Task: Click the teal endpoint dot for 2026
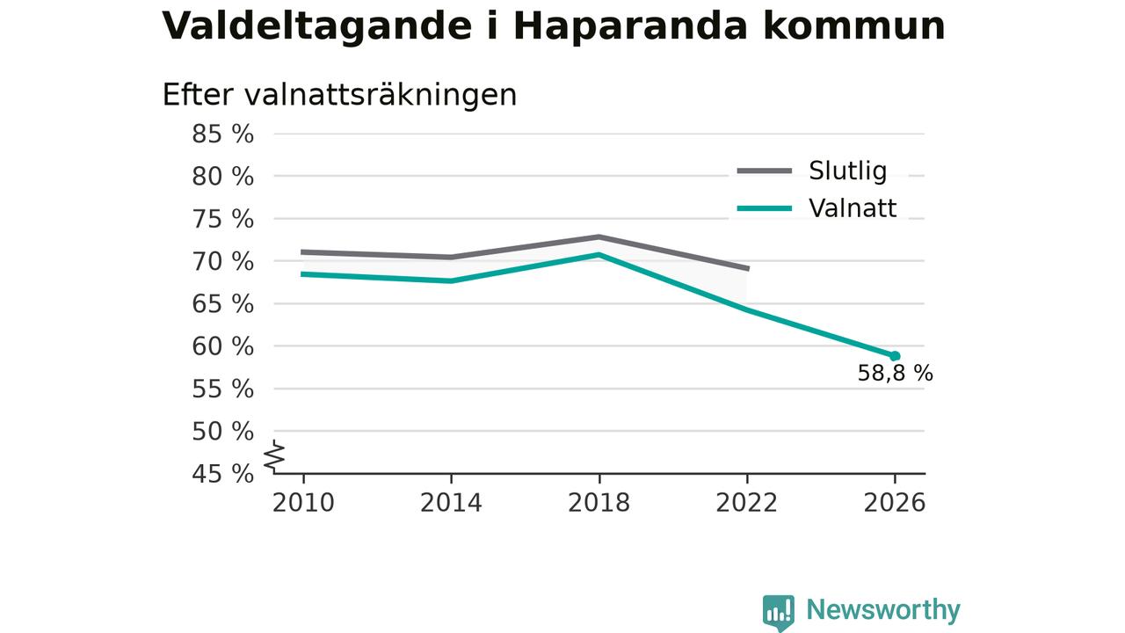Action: pos(895,356)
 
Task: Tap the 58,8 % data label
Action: pos(895,374)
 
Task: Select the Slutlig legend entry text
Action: pos(848,171)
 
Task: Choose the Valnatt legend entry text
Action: pos(853,208)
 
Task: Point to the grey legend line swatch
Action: pos(765,171)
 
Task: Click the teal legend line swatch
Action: pos(765,208)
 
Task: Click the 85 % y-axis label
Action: pos(222,135)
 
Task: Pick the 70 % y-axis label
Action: pos(222,262)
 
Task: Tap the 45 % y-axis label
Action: pos(222,474)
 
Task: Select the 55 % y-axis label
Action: pos(222,389)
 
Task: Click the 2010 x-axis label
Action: pos(303,503)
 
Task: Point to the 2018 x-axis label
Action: pos(599,503)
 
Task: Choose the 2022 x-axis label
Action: pos(746,503)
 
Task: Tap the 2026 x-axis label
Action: pos(894,503)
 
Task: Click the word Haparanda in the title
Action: pos(631,26)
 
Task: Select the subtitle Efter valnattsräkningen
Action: pos(339,94)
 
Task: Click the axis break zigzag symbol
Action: pos(275,456)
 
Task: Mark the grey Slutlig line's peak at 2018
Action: pos(599,236)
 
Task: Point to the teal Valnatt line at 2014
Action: pos(451,280)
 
